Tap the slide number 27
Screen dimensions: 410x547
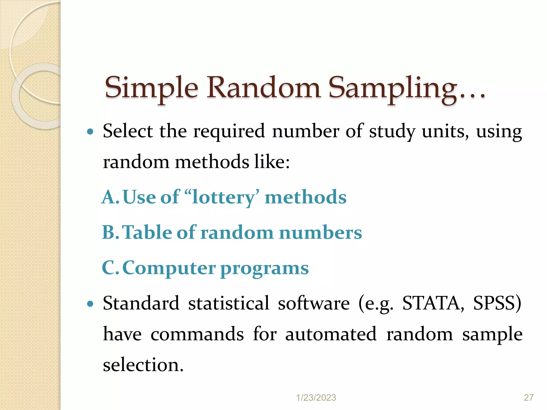[x=529, y=398]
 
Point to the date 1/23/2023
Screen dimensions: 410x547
[x=316, y=398]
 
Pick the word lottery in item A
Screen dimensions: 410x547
[x=224, y=198]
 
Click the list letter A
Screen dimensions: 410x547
[x=109, y=198]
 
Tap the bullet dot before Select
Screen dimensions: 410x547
[x=91, y=132]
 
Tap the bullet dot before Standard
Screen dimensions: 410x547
[x=91, y=304]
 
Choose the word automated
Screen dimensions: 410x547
[x=331, y=334]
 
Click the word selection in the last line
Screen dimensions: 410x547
[x=143, y=365]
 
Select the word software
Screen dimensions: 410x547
[x=314, y=303]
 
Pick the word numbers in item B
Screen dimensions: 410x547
[x=321, y=233]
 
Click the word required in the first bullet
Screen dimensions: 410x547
[x=229, y=132]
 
